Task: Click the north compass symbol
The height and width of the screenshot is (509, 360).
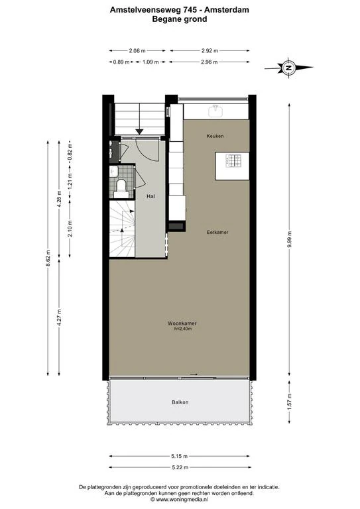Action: point(288,68)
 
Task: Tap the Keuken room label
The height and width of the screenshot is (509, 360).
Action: point(215,136)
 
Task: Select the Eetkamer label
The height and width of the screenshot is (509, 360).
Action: point(217,232)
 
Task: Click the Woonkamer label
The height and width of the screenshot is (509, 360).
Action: point(182,323)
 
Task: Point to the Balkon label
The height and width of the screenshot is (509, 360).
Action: point(180,402)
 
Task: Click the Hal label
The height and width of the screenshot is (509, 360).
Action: point(150,196)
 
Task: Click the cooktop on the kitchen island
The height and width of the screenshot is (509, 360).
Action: point(234,160)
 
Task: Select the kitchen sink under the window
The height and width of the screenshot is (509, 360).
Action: point(215,111)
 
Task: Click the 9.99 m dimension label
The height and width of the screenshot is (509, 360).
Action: point(289,239)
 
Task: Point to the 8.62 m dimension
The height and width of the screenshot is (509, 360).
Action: point(48,258)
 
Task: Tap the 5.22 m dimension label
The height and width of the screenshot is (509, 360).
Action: point(180,467)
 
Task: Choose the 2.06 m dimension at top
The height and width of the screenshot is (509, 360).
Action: point(137,50)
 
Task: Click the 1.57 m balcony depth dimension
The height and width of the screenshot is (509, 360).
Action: point(289,402)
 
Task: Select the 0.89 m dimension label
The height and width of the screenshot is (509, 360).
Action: point(121,62)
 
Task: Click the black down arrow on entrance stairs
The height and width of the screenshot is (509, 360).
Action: point(140,131)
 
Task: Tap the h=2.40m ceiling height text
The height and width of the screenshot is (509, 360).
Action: point(183,329)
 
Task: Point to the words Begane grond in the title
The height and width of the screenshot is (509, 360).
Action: point(180,19)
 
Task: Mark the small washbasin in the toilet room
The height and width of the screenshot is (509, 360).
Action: point(113,171)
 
